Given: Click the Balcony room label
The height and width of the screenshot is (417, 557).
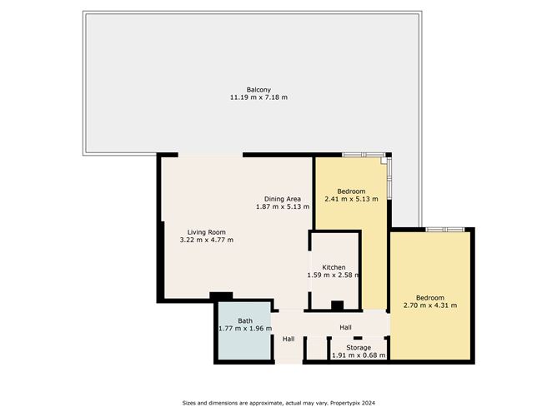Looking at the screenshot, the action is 258,90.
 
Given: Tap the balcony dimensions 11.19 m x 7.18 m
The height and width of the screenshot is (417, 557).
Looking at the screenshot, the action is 258,97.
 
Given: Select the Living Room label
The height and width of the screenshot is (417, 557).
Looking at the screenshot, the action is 207,232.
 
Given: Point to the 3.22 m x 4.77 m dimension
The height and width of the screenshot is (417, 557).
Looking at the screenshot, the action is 207,240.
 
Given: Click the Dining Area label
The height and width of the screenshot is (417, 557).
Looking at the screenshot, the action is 283,199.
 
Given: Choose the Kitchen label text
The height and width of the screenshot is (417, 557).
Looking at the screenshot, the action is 334,267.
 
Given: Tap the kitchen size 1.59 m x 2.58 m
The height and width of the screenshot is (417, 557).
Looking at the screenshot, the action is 334,275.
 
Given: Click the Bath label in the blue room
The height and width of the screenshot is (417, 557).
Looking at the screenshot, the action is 245,321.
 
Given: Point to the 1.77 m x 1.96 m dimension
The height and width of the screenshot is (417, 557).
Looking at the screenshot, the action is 245,328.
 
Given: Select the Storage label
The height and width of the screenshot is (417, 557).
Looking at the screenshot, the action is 359,348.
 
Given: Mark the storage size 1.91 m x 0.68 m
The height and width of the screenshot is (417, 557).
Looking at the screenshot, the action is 359,355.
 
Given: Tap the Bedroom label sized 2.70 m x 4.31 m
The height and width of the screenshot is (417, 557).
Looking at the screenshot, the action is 430,298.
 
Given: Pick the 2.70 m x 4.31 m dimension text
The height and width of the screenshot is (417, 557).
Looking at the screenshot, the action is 430,305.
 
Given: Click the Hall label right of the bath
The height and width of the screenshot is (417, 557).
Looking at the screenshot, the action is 289,339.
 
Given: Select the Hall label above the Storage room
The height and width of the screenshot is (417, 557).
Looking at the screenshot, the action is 346,327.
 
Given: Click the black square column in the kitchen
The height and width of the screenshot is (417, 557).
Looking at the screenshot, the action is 337,305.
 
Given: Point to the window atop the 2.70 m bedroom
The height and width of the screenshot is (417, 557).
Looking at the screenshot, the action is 445,230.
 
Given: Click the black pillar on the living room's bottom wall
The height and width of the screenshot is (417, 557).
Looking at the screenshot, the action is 221,296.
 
